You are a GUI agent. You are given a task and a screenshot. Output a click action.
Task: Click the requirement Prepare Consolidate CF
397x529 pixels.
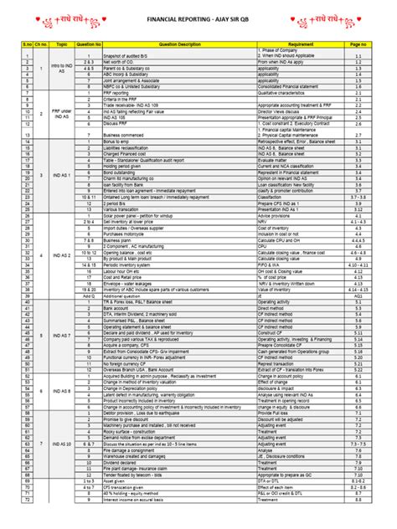[282, 343]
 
